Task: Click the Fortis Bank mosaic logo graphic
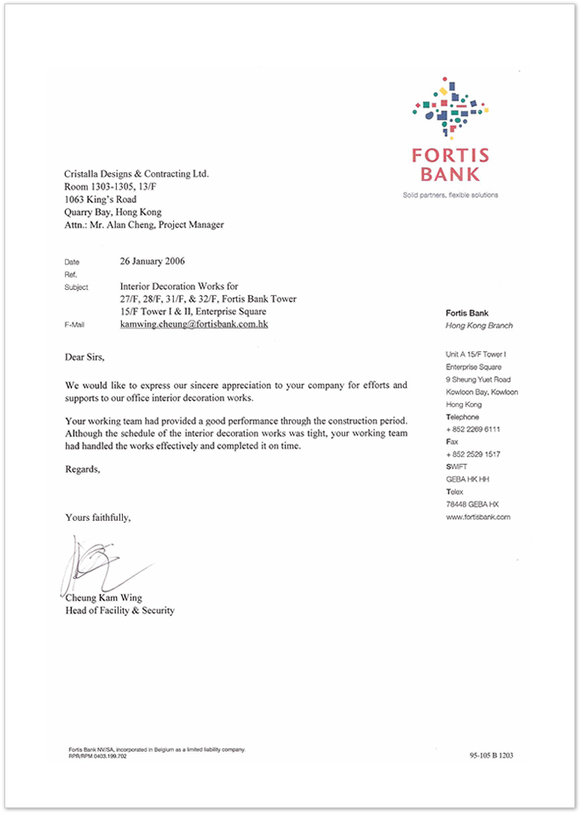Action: [x=450, y=108]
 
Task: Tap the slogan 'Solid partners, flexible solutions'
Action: [x=450, y=195]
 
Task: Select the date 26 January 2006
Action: [x=152, y=261]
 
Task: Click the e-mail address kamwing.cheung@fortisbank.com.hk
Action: [x=193, y=324]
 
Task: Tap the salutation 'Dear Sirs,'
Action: [x=90, y=358]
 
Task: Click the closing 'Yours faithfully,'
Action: [x=97, y=517]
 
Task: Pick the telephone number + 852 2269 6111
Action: [x=472, y=430]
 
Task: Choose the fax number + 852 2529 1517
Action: [x=472, y=454]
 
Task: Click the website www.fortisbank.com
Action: [x=478, y=517]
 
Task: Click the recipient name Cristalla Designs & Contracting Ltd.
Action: [x=137, y=174]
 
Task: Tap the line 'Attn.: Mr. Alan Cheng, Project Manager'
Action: [x=144, y=225]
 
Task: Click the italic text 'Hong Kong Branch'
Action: [x=479, y=326]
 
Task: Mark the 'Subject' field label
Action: [x=76, y=287]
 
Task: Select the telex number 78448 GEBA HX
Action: [x=472, y=504]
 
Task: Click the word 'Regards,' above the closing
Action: [x=83, y=469]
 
